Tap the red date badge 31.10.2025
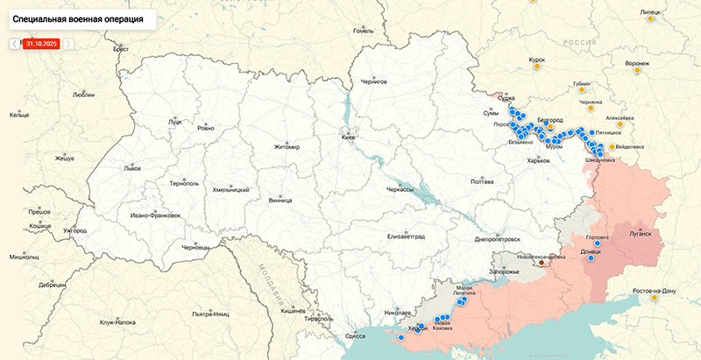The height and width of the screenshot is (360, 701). coord(41,43)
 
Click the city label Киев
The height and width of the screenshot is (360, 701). coord(349,138)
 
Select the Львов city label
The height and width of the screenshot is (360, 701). coord(132,167)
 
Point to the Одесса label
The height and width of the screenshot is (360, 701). coord(355,335)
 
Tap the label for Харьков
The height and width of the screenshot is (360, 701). coord(538,160)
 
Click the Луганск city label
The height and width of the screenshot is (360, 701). coord(641,234)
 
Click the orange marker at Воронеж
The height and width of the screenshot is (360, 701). coord(638,71)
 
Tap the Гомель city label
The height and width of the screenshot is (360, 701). coord(363,31)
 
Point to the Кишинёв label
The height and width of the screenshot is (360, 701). coord(292,310)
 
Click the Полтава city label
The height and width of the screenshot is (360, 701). coord(483,181)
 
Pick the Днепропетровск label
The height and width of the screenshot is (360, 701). coord(496,238)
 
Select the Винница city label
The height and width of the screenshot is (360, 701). coord(280,200)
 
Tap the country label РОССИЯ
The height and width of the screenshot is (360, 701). coord(578,42)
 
